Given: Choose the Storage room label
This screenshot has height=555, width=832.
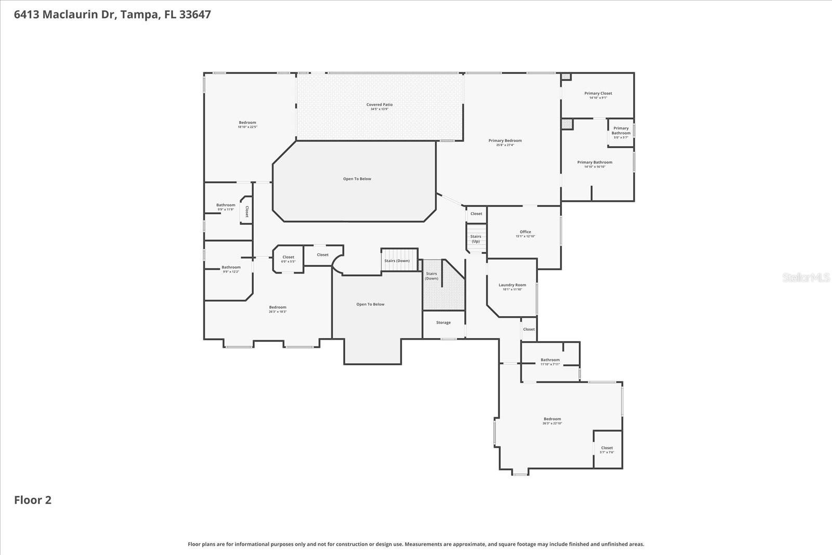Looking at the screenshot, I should tap(444, 322).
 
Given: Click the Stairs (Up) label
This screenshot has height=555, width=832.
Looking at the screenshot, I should tap(476, 239).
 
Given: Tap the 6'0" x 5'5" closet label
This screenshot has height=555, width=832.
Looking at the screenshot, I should tap(288, 259).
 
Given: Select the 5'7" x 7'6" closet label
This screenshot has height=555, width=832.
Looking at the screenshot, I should tap(607, 449).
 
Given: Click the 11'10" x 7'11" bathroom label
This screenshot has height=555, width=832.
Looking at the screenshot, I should tap(550, 362).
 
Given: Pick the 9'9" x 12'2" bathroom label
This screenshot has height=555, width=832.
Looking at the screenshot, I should tap(231, 269).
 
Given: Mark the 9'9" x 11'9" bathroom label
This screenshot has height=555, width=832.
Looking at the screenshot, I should tap(226, 206).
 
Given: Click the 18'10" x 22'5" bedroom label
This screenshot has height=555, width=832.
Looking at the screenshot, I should tap(248, 124).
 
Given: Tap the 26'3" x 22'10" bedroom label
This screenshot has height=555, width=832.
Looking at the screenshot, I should tap(552, 421).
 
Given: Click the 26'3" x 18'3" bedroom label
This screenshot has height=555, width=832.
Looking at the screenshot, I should tap(278, 309).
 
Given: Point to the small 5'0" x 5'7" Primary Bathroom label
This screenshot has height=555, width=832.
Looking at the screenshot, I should tap(621, 132).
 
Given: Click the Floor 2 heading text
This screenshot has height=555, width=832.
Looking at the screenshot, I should tap(33, 500).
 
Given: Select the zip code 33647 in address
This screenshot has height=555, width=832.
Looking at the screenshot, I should tap(195, 15).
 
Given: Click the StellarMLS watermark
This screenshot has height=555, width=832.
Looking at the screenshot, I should tap(805, 278).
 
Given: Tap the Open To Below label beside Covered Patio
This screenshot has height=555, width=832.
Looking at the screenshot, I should tap(357, 179).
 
